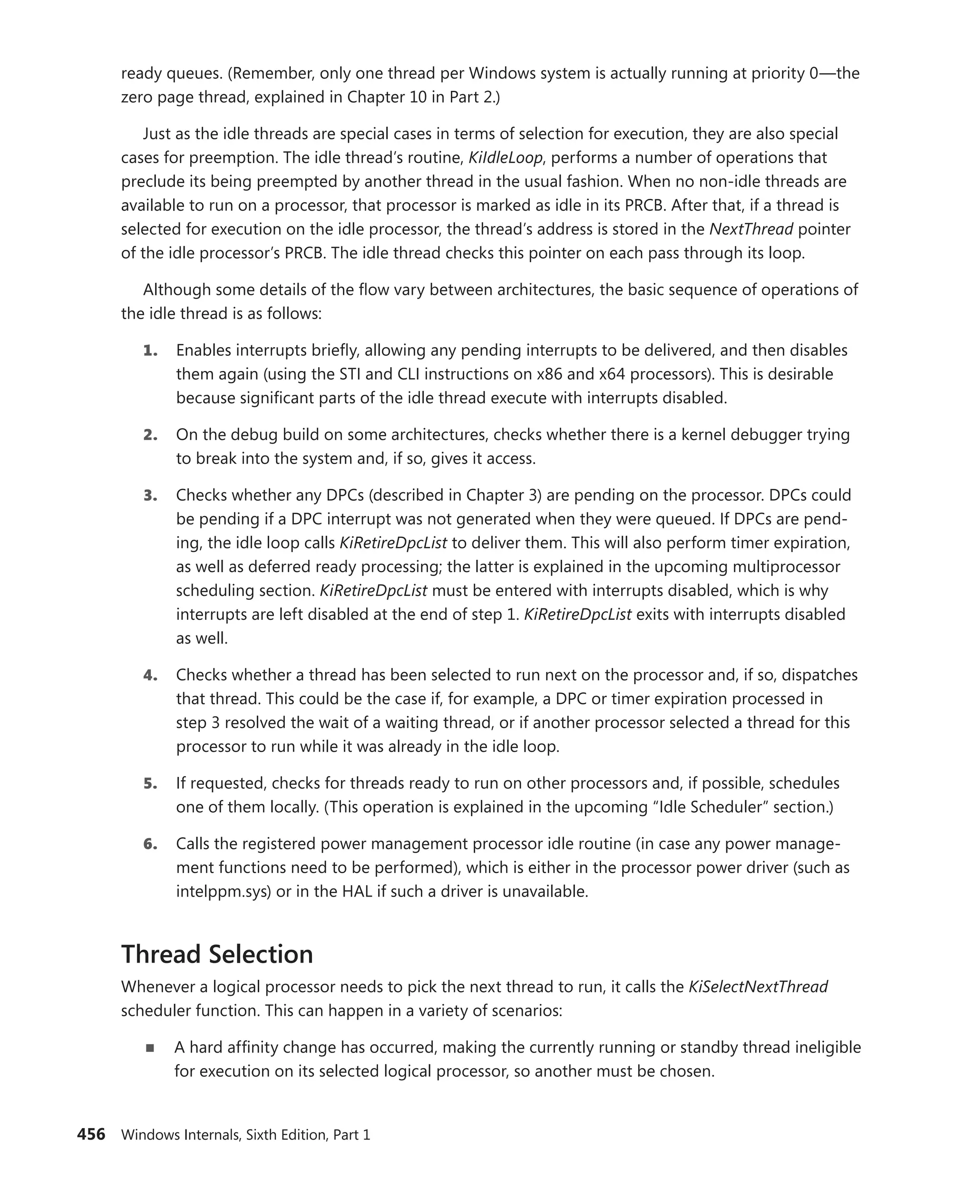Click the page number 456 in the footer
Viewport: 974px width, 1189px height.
(91, 1134)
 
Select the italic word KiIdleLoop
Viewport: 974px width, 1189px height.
(505, 158)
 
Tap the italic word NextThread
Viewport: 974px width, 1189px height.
(750, 229)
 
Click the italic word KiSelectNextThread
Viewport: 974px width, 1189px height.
(758, 987)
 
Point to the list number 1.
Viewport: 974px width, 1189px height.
(150, 351)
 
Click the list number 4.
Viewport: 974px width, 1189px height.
(150, 675)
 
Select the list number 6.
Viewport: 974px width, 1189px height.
(150, 844)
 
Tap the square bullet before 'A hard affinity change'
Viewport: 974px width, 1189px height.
(150, 1048)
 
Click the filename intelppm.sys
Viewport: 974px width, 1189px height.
(224, 891)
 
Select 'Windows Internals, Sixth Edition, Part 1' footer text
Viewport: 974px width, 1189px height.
(245, 1135)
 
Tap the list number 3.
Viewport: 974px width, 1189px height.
(150, 496)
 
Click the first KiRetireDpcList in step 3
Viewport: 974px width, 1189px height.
(393, 543)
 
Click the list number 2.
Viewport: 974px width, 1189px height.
(150, 435)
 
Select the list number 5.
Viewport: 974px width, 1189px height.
(150, 783)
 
